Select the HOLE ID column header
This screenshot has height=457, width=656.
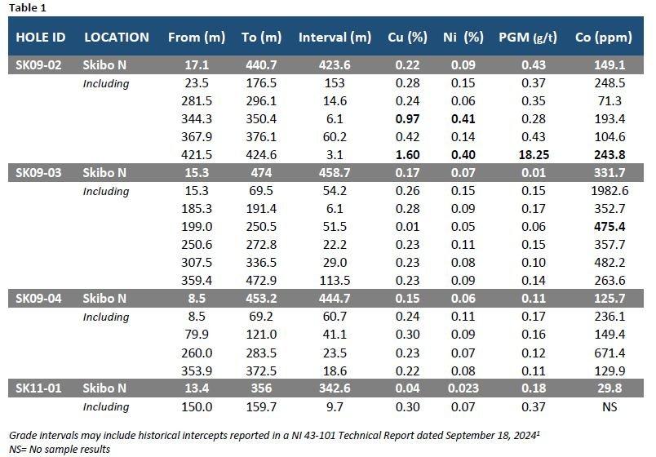coord(41,38)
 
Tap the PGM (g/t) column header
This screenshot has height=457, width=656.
coord(527,38)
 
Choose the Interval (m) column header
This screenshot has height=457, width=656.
coord(335,38)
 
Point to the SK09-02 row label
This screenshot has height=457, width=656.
coord(40,65)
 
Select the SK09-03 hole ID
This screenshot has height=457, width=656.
coord(40,172)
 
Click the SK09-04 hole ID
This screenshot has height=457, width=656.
coord(40,298)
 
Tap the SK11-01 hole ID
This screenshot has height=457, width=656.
coord(40,388)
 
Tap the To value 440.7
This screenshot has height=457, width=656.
coord(261,65)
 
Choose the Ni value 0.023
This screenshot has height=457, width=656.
coord(474,388)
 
